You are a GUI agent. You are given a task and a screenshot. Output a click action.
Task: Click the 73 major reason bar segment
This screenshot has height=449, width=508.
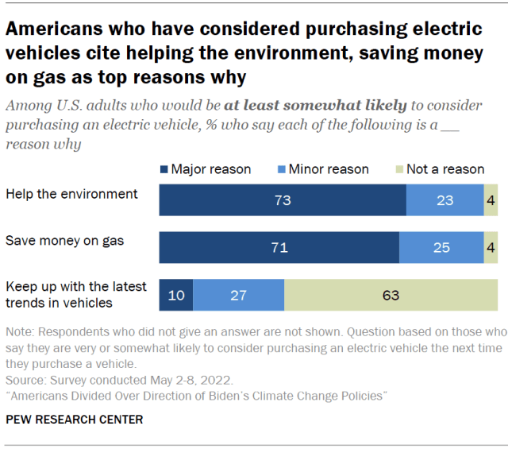[283, 200]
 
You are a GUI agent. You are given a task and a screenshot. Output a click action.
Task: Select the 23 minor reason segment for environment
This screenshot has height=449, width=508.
[445, 200]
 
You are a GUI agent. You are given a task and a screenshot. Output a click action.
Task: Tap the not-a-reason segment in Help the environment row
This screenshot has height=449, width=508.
[491, 200]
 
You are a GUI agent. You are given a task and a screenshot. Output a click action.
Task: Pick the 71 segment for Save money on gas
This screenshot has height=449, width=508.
[279, 248]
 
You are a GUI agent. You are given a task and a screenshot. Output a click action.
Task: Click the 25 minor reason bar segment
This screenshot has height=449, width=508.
[442, 248]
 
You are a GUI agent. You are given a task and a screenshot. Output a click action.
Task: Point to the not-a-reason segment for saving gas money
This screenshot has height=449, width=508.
[491, 248]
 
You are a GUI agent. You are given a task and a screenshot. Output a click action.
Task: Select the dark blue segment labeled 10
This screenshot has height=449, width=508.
[176, 295]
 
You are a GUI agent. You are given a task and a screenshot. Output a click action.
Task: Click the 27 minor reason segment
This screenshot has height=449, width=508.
[239, 295]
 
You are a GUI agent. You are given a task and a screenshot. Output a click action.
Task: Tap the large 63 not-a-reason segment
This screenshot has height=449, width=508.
[391, 295]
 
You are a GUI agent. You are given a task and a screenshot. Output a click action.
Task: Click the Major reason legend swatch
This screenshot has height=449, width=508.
[164, 169]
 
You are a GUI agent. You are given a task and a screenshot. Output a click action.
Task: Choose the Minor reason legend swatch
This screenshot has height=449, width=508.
[280, 169]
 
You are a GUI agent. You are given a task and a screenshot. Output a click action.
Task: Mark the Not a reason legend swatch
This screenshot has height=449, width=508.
[399, 169]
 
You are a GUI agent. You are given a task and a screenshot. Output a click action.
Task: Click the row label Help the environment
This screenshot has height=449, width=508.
[71, 194]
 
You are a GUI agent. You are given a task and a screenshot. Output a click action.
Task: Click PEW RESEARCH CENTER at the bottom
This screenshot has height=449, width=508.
[75, 420]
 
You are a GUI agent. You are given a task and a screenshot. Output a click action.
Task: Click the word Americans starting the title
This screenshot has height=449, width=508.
[48, 29]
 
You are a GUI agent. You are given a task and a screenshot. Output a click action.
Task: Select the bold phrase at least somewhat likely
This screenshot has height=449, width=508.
[315, 104]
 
